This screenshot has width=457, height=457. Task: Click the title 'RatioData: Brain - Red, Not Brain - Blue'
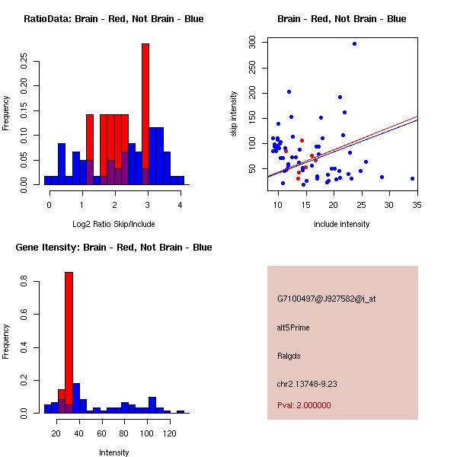coord(113,19)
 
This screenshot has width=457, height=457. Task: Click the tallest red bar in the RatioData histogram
coord(145,114)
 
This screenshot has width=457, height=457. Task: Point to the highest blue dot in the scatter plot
coord(354,43)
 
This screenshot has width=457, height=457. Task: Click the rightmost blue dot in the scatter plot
coord(412,178)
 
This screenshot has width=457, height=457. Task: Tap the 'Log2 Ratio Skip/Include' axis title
coord(113,224)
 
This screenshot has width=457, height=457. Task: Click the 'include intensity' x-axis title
coord(341,224)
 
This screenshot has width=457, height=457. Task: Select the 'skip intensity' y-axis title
coord(234,114)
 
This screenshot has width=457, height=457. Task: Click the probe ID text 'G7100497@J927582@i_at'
coord(326,299)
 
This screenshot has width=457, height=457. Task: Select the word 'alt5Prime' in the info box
coord(293,328)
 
